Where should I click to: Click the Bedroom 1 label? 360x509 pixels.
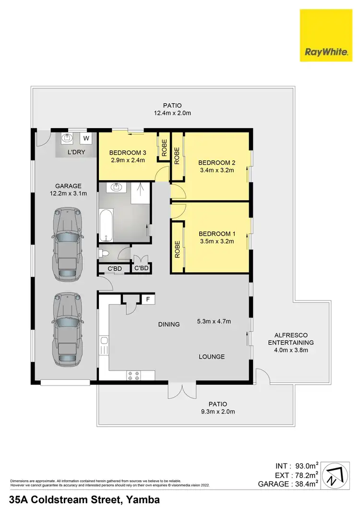pyautogui.click(x=216, y=234)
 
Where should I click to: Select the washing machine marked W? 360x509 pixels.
pyautogui.click(x=86, y=139)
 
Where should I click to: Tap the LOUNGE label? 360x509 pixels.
pyautogui.click(x=212, y=356)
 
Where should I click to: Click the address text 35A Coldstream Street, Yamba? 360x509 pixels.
pyautogui.click(x=84, y=500)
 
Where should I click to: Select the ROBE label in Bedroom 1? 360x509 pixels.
pyautogui.click(x=177, y=249)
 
